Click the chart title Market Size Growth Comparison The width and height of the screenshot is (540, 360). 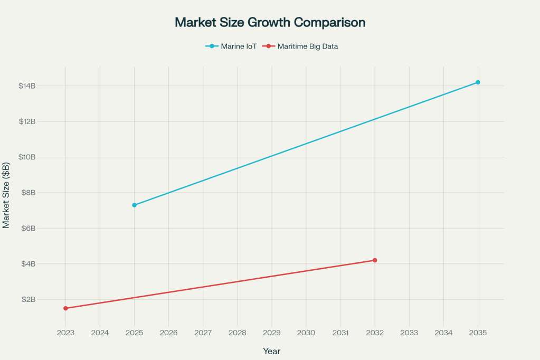(x=270, y=23)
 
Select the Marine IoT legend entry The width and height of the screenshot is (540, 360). (x=231, y=46)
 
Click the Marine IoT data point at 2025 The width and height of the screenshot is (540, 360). (x=134, y=205)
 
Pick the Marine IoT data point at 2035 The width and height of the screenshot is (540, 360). (x=478, y=82)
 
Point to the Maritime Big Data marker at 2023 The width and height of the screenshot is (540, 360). (x=65, y=308)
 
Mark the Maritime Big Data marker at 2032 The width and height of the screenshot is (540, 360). (x=375, y=260)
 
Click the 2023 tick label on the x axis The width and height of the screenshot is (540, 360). (x=65, y=333)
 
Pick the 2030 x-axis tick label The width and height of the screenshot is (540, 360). (x=306, y=333)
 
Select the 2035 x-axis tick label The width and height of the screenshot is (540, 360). (x=478, y=333)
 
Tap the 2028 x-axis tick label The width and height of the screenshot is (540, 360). (x=237, y=333)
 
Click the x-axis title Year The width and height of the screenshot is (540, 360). (x=272, y=351)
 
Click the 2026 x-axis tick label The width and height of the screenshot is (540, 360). (x=168, y=333)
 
